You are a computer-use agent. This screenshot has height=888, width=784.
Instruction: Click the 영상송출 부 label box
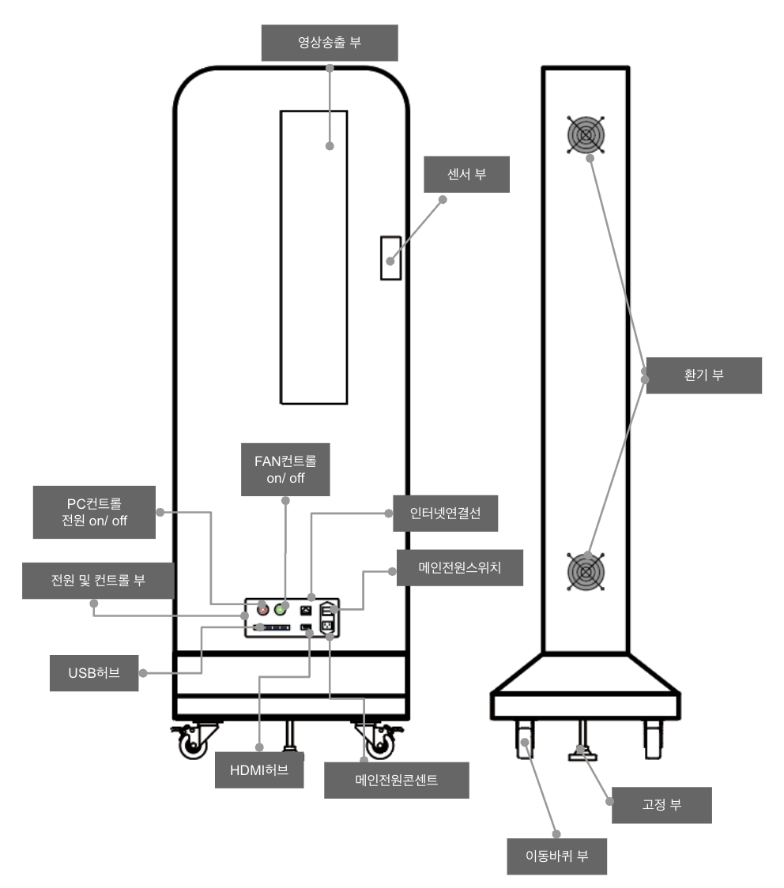(x=329, y=43)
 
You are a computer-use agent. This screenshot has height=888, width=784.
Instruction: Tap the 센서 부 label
(x=466, y=175)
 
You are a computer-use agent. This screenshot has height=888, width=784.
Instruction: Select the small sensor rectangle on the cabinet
(x=390, y=258)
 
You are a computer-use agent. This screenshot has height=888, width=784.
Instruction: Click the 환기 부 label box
(x=703, y=375)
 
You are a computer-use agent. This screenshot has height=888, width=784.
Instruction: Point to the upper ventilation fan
(x=586, y=135)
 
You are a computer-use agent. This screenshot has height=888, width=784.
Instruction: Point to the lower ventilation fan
(x=586, y=571)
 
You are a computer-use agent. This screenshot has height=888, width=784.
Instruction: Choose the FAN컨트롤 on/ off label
(x=285, y=469)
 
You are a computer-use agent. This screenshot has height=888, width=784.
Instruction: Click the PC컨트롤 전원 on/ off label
(x=94, y=512)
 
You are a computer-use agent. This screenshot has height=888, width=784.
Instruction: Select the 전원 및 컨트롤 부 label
(x=98, y=581)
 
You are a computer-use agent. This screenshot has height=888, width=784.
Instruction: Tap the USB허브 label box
(x=94, y=673)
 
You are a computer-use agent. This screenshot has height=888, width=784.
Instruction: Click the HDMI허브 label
(x=259, y=770)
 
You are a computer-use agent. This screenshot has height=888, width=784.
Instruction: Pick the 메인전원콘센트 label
(x=397, y=781)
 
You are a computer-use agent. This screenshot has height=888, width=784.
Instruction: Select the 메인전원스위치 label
(x=459, y=567)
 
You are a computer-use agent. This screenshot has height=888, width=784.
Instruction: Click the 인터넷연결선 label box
(x=445, y=513)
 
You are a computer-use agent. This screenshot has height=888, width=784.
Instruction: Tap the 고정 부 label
(x=661, y=805)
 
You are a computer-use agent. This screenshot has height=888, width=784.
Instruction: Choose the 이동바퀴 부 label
(x=557, y=856)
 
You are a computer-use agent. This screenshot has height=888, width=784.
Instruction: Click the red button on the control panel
(x=263, y=609)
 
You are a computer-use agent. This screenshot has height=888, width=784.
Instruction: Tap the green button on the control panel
(x=280, y=609)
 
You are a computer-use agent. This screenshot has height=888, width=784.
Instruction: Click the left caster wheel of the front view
(x=193, y=743)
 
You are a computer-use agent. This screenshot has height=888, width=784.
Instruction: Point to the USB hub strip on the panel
(x=272, y=627)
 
